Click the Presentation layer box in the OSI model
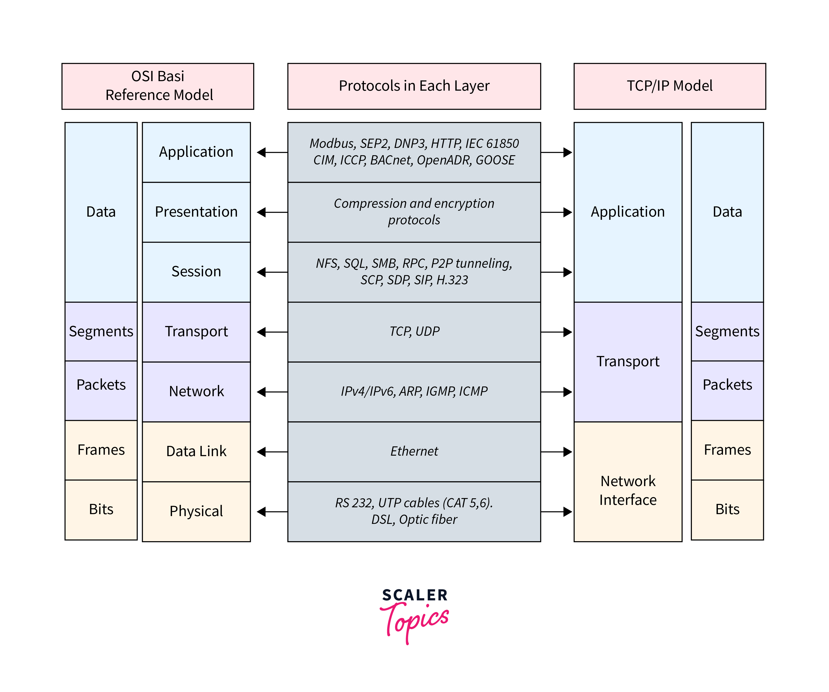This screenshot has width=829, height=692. (x=196, y=212)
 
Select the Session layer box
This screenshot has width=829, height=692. (x=196, y=272)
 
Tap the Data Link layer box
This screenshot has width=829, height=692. (x=196, y=452)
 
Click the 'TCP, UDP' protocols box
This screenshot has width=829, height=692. (x=414, y=332)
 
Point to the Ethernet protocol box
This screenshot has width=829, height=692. (x=414, y=452)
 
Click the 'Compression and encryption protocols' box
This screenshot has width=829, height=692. (x=414, y=212)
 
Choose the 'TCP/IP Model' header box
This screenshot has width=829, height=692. (x=670, y=86)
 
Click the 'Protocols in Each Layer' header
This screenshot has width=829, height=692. (x=414, y=86)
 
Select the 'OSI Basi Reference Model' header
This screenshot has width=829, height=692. (x=158, y=86)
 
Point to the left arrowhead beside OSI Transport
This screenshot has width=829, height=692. (x=261, y=332)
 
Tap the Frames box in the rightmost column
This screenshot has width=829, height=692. (x=727, y=450)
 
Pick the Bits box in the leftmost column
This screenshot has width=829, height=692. (x=101, y=510)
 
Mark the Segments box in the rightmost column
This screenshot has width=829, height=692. (x=727, y=332)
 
